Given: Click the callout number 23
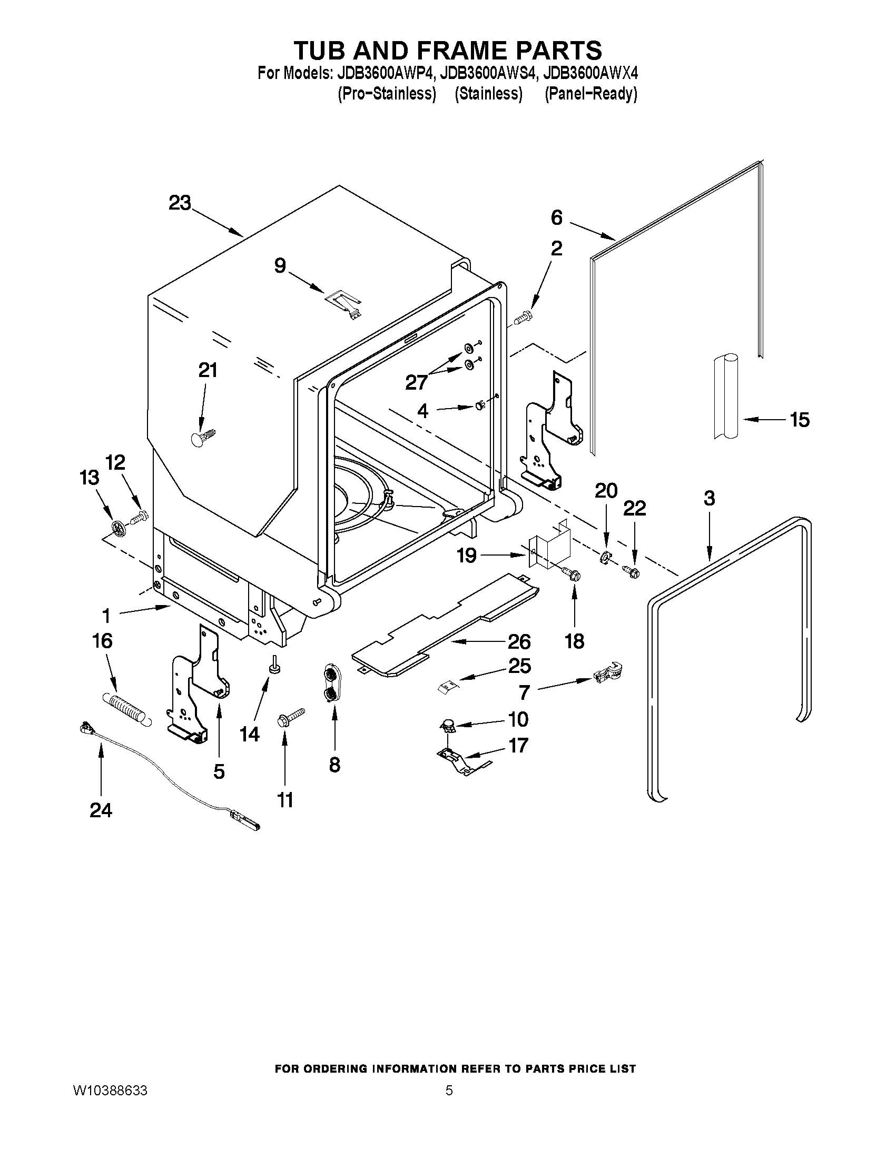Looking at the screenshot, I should [x=180, y=203].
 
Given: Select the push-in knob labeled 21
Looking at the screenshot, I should [x=202, y=437].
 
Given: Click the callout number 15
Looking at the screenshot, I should [x=800, y=420].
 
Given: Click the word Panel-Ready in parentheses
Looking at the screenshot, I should [x=591, y=94].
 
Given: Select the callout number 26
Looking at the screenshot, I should [x=519, y=641].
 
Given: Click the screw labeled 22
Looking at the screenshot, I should [x=632, y=571].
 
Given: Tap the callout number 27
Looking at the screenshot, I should [x=417, y=382].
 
